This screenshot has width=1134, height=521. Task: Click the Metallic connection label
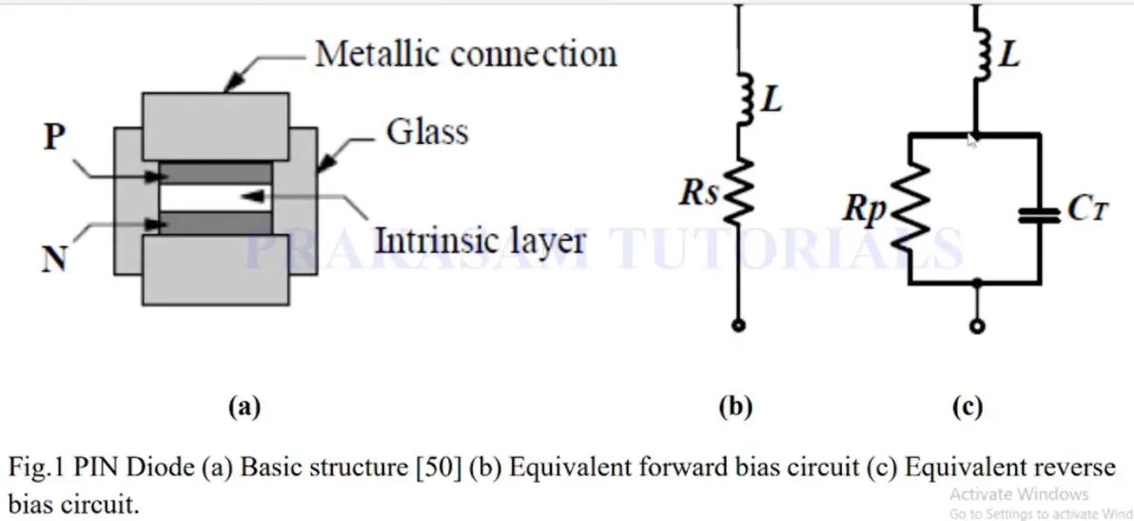pyautogui.click(x=466, y=53)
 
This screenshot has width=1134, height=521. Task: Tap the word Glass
pyautogui.click(x=427, y=132)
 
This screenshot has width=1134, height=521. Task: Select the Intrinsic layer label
pyautogui.click(x=479, y=240)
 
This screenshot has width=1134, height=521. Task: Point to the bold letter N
pyautogui.click(x=55, y=257)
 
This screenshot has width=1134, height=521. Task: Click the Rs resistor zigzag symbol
pyautogui.click(x=739, y=191)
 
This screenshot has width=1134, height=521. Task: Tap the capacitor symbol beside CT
pyautogui.click(x=1040, y=214)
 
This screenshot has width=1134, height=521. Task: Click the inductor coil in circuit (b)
pyautogui.click(x=745, y=98)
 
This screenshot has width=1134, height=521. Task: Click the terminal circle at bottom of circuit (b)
pyautogui.click(x=738, y=326)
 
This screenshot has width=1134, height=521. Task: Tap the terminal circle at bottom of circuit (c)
pyautogui.click(x=977, y=326)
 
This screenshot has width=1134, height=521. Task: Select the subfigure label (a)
pyautogui.click(x=244, y=408)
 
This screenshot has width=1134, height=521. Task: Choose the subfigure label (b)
pyautogui.click(x=735, y=408)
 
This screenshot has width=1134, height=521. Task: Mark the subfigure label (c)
pyautogui.click(x=968, y=408)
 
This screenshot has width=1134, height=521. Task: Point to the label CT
pyautogui.click(x=1088, y=210)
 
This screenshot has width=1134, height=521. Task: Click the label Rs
pyautogui.click(x=698, y=194)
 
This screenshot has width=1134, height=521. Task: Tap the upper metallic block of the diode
pyautogui.click(x=216, y=126)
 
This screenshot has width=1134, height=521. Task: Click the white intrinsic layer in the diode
pyautogui.click(x=216, y=197)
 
